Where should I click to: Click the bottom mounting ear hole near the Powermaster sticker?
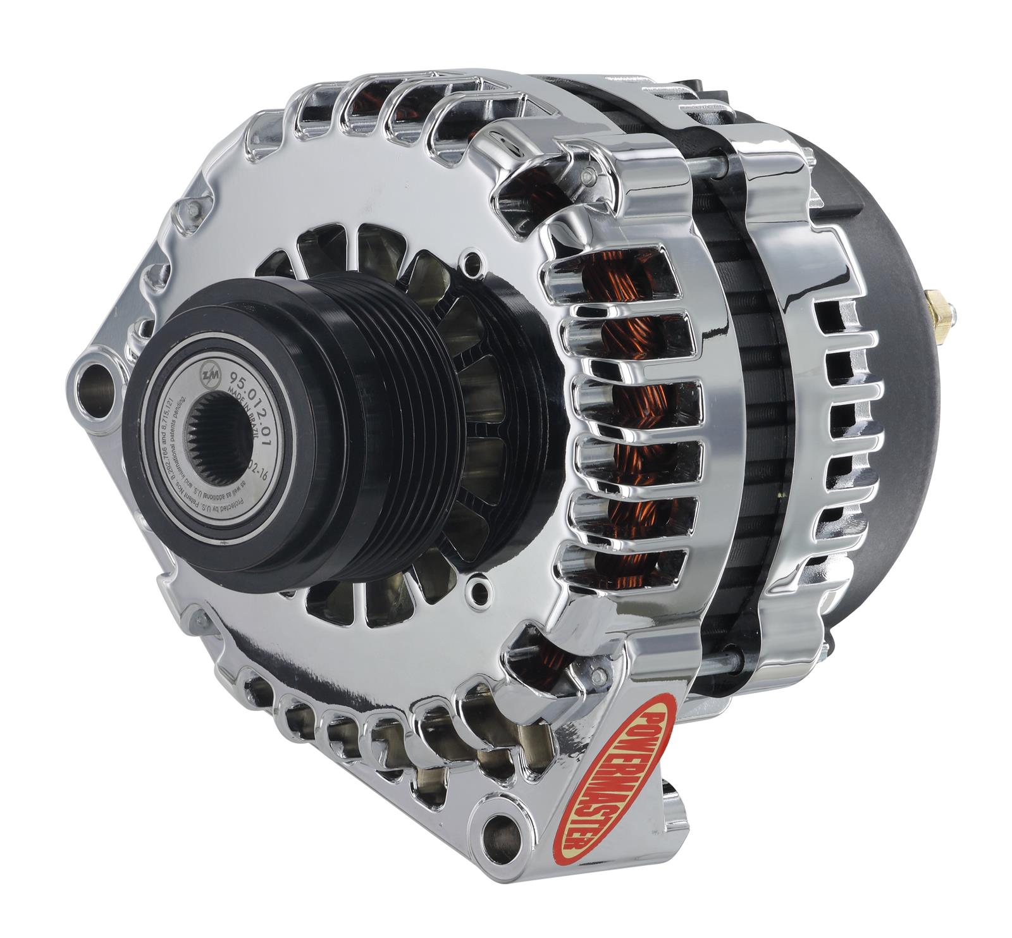503,829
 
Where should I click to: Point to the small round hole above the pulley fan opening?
471,261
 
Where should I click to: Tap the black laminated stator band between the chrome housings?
753,411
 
